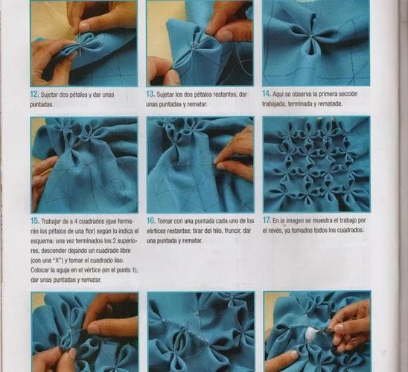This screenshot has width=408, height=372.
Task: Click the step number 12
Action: pos(34,94)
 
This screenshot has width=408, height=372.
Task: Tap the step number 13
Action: pos(150,94)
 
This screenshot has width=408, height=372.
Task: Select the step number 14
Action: pos(267,94)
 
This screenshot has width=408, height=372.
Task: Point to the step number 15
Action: pos(34,221)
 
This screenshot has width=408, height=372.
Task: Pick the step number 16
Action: pos(151,221)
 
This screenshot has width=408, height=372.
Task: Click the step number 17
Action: pos(267,220)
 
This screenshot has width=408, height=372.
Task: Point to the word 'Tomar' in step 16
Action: pos(165,221)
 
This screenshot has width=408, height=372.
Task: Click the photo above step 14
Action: pos(316,43)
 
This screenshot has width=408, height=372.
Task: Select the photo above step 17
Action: pos(316,164)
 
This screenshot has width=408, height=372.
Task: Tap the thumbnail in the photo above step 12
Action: pos(84,26)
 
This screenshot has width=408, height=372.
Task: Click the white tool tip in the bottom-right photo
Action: pos(311,333)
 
